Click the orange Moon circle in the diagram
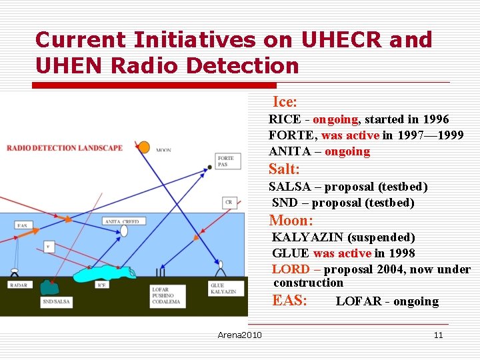point(143,147)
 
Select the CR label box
point(229,202)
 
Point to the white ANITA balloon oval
point(124,231)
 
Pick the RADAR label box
point(19,285)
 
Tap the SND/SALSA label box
point(56,301)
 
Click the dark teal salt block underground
point(49,287)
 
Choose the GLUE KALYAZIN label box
point(223,289)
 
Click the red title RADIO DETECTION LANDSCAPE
point(65,148)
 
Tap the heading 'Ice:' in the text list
point(285,102)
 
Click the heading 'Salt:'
point(284,169)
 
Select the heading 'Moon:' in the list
point(291,221)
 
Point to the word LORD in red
point(291,269)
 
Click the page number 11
point(438,335)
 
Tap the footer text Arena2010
point(239,335)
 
